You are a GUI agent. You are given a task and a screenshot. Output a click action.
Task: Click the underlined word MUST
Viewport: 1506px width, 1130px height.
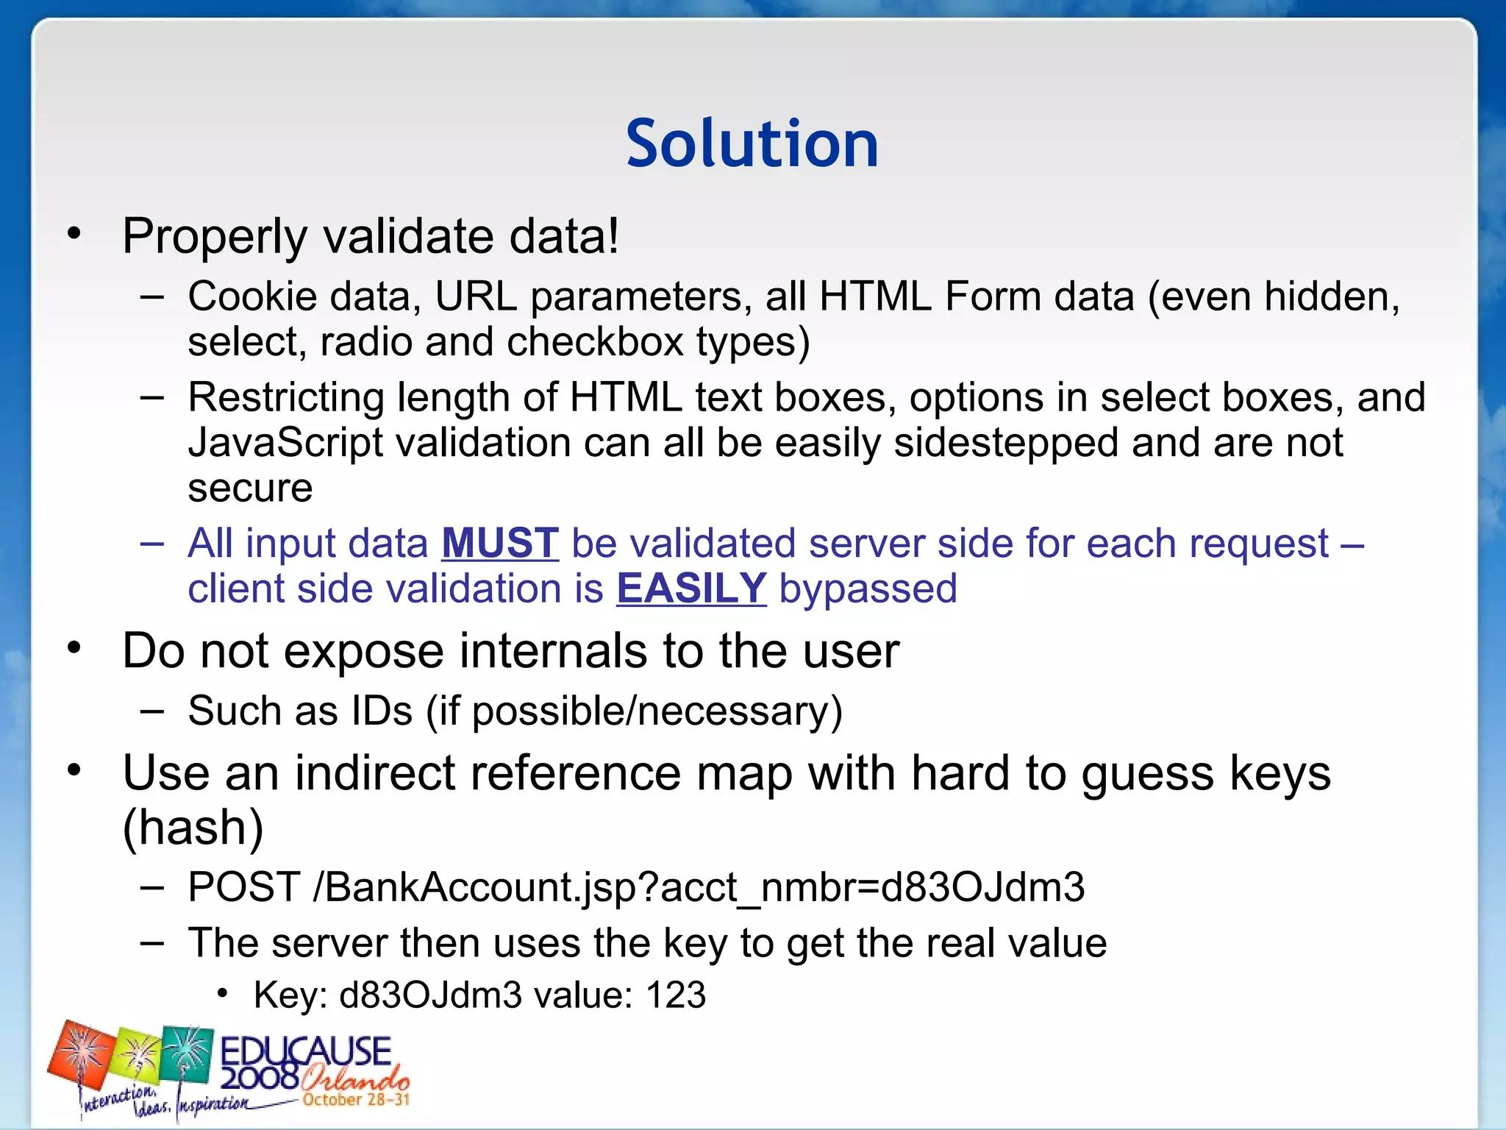click(500, 543)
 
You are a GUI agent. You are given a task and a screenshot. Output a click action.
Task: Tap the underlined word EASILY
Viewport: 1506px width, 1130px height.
click(691, 589)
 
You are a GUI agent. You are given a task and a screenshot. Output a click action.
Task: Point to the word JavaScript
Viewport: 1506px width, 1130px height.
click(285, 444)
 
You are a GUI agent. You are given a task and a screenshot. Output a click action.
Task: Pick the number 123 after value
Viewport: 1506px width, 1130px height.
click(676, 995)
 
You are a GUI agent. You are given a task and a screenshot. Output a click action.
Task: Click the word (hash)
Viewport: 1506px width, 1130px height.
click(193, 827)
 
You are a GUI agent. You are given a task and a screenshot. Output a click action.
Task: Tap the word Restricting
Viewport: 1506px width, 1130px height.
click(286, 398)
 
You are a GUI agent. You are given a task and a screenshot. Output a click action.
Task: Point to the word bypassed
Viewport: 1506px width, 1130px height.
click(868, 589)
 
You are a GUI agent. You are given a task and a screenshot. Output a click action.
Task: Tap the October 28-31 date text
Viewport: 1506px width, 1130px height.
click(356, 1100)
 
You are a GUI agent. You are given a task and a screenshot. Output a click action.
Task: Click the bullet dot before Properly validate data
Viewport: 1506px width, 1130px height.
click(74, 234)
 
